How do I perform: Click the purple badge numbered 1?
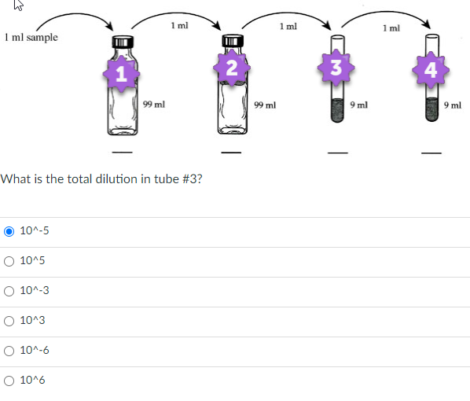point(120,75)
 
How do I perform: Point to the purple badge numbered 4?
point(430,69)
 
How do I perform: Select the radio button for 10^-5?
point(9,231)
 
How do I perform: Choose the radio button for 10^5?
point(9,261)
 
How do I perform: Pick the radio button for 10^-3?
point(9,291)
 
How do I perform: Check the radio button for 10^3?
point(9,320)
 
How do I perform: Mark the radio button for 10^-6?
point(9,350)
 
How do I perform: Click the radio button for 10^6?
point(9,380)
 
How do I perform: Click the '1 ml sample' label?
point(31,37)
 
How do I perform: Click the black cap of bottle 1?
point(120,42)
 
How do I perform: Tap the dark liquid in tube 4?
point(431,109)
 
